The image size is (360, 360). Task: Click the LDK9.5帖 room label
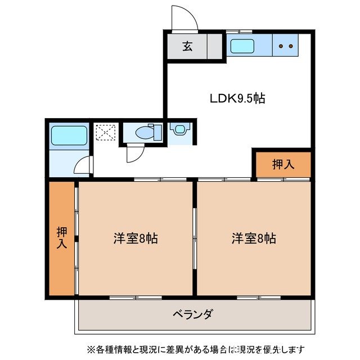pyautogui.click(x=237, y=98)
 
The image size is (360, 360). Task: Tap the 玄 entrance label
pyautogui.click(x=187, y=47)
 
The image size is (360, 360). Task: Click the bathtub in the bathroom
pyautogui.click(x=68, y=136)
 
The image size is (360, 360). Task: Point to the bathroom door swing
pyautogui.click(x=83, y=165)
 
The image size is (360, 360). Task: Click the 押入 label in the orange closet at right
pyautogui.click(x=283, y=164)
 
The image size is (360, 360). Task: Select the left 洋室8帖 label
pyautogui.click(x=135, y=238)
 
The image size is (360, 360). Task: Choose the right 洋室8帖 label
pyautogui.click(x=254, y=238)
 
